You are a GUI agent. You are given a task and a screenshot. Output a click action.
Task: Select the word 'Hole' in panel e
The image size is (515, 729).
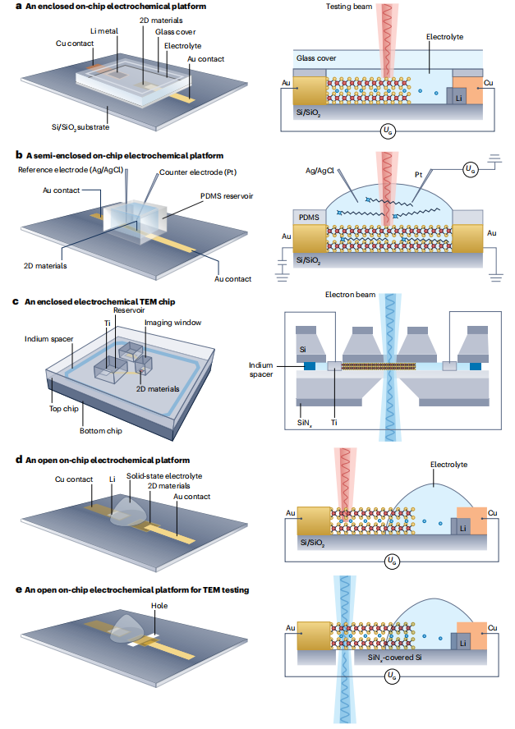160,606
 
